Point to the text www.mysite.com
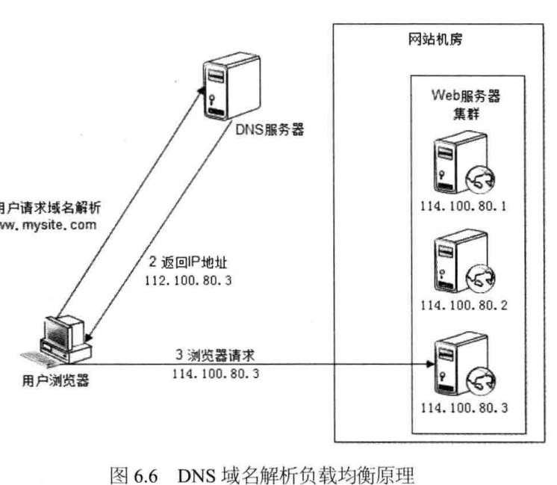coord(48,223)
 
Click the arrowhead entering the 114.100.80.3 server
coord(429,364)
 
